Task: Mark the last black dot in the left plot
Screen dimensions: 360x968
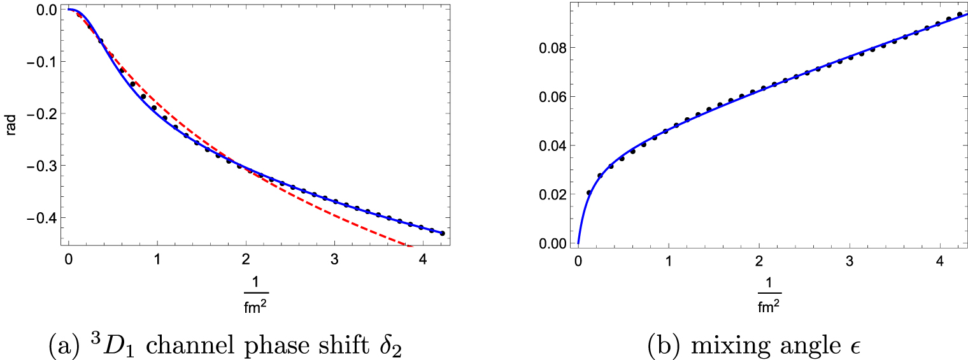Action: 442,234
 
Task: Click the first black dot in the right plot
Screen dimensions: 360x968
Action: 589,192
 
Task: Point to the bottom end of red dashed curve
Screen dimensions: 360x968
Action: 411,246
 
